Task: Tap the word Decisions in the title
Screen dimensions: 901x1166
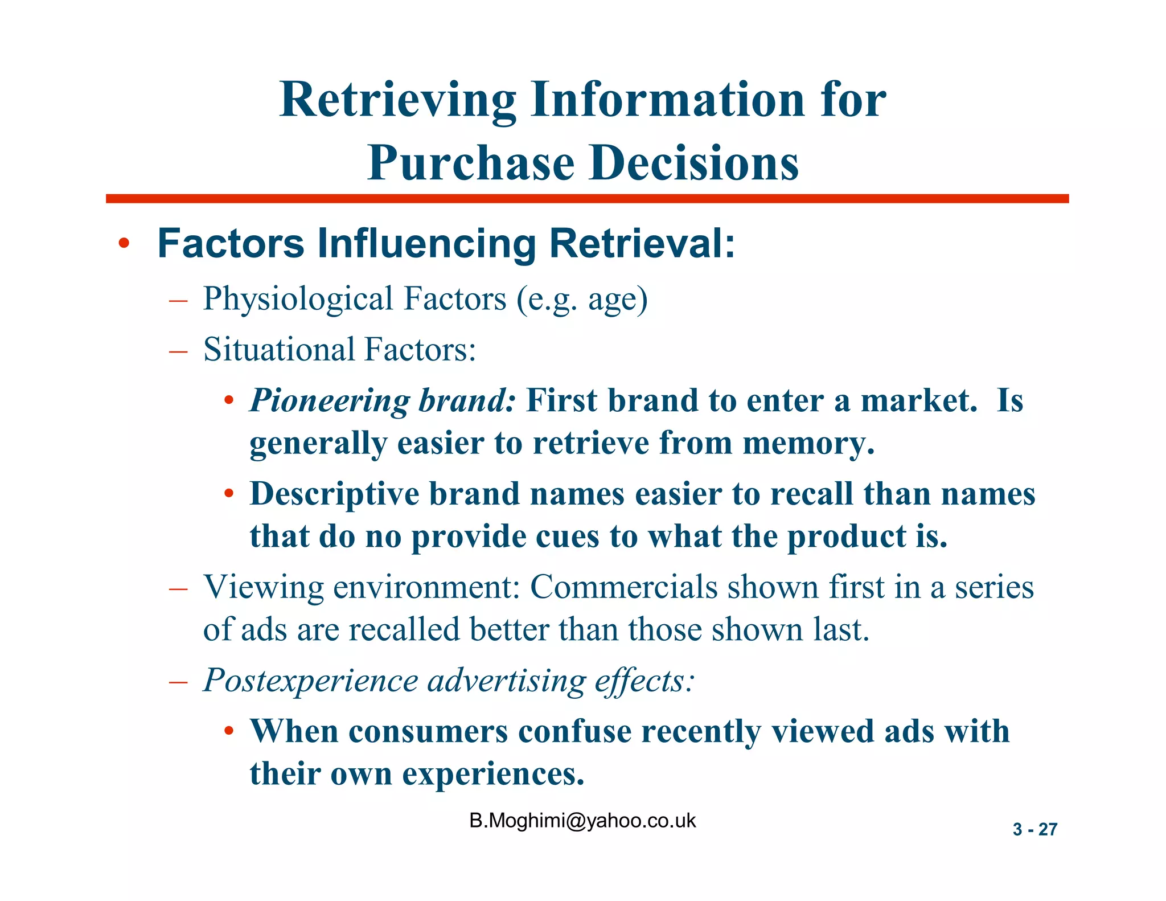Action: coord(694,163)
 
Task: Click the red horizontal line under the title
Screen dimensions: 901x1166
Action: coord(587,199)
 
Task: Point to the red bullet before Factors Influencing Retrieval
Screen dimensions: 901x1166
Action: coord(124,245)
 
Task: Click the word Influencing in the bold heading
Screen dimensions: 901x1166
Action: coord(426,244)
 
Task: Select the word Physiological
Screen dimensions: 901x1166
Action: coord(298,300)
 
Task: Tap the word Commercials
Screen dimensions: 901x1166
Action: coord(624,587)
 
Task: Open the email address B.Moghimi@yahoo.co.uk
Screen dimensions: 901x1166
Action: coord(582,821)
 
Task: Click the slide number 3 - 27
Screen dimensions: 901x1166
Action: coord(1034,829)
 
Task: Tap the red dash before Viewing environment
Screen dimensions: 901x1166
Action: coord(178,588)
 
